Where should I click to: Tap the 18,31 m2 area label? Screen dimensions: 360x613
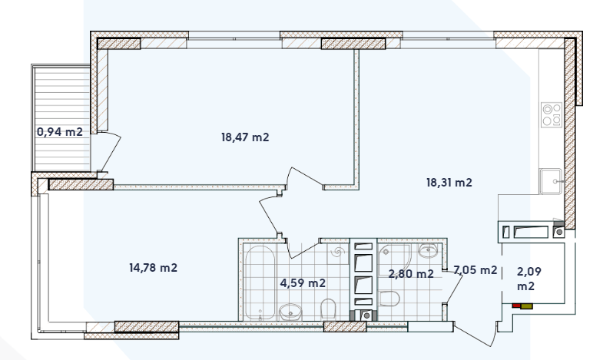pos(449,183)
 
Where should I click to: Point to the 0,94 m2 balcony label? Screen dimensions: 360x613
pos(60,131)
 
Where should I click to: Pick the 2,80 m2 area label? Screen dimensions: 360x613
pos(411,272)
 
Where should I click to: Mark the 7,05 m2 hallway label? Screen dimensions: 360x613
pos(475,269)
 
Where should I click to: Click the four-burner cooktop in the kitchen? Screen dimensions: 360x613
pos(552,114)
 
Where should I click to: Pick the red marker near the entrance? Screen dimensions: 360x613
pos(516,306)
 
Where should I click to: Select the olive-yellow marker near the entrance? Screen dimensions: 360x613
pos(527,306)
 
